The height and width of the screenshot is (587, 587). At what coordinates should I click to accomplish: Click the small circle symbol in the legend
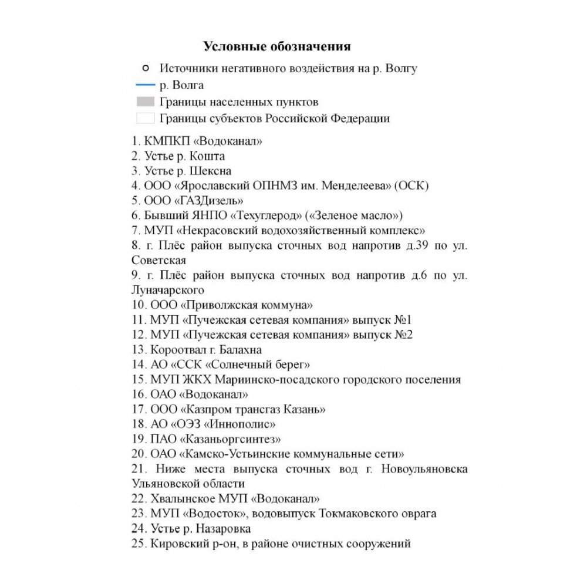145,68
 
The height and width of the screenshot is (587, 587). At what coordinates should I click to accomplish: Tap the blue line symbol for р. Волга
144,85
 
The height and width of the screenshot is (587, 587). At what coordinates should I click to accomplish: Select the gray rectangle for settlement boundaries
145,102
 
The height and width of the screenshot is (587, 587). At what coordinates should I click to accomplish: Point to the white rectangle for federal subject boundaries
145,118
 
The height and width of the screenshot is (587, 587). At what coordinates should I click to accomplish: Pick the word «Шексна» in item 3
212,171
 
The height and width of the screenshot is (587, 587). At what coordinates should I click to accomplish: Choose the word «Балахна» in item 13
241,350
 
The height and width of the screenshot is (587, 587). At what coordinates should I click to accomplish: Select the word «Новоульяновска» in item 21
424,469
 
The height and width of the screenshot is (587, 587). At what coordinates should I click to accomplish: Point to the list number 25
139,544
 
